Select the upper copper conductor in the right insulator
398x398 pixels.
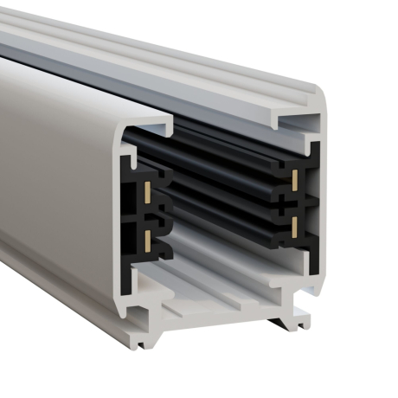[x=296, y=179]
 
